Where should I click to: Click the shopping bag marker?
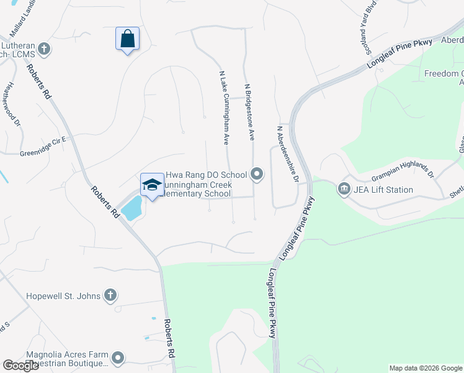tap(127, 39)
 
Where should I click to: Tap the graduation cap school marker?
tap(152, 185)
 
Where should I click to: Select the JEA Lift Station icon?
tap(344, 188)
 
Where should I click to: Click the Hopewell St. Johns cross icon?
tap(110, 295)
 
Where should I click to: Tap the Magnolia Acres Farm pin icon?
tap(118, 357)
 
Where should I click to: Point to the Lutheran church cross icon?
tap(43, 48)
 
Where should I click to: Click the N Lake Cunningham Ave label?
tap(225, 107)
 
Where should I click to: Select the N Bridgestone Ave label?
tap(249, 111)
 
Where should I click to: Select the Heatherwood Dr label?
tap(11, 103)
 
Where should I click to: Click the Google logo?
tap(20, 366)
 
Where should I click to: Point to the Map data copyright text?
tap(425, 368)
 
